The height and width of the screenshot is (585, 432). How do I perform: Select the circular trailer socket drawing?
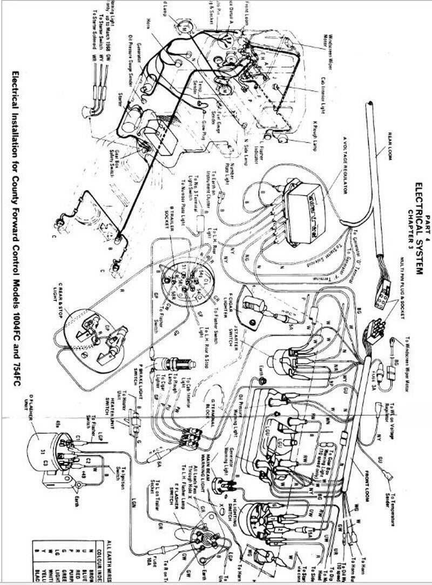(x=184, y=280)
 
